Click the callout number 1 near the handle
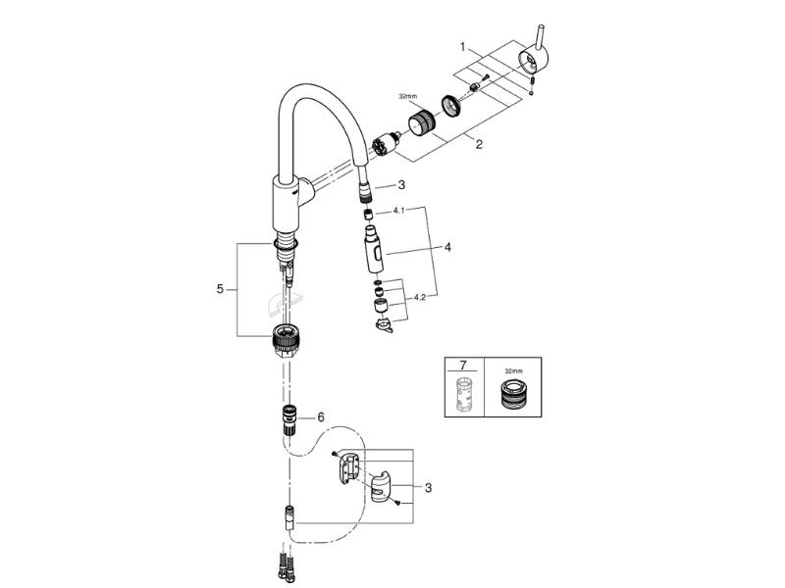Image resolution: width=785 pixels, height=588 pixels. [x=463, y=47]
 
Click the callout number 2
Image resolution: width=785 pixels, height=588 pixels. [x=479, y=144]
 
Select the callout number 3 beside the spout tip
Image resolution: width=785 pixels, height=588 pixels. [x=401, y=185]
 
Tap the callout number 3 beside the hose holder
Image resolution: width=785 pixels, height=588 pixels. [x=428, y=487]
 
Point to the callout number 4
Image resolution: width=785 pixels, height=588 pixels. [x=447, y=247]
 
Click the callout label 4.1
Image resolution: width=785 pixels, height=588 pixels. [x=398, y=211]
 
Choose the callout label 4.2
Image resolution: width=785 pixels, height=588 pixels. [x=420, y=298]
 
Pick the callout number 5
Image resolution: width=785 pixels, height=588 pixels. [x=220, y=289]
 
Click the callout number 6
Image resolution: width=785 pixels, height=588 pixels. [x=321, y=417]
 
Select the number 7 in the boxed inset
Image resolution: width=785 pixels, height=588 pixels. [x=462, y=364]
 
